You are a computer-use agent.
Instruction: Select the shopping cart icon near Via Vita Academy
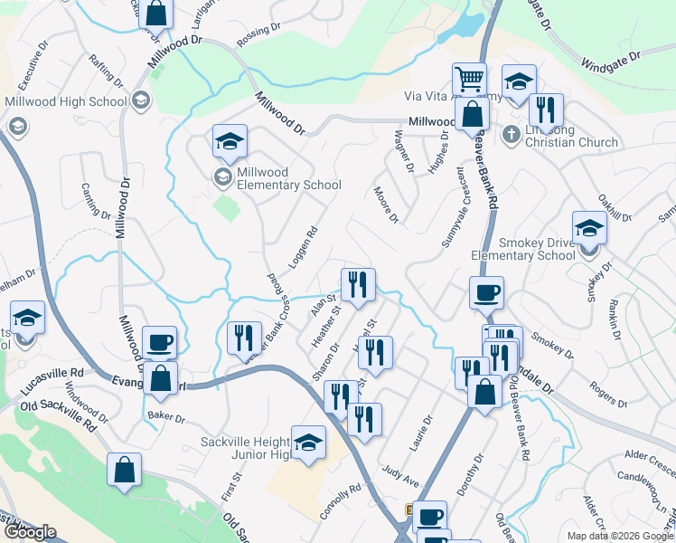tap(469, 81)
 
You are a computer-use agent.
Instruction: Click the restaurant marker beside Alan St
tap(358, 285)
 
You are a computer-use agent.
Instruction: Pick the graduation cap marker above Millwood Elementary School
tap(230, 141)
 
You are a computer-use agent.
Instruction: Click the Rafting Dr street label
tap(99, 71)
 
